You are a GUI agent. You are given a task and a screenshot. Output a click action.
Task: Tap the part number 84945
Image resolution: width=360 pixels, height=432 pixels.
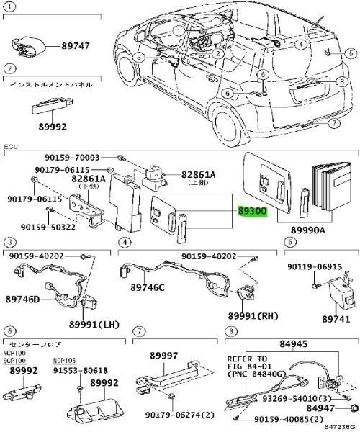293,345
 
